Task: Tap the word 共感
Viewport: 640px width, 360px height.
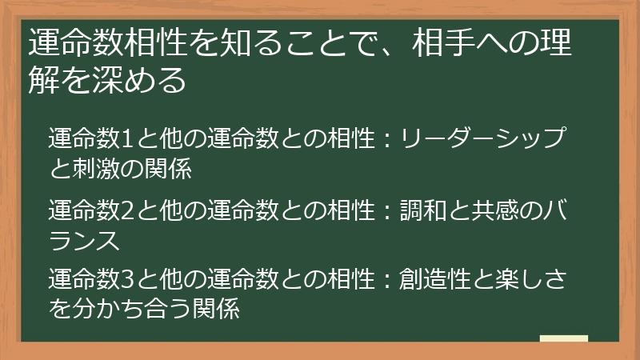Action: pyautogui.click(x=494, y=211)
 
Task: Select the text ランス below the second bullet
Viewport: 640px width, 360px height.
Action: pyautogui.click(x=83, y=240)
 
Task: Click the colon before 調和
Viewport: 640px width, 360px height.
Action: pyautogui.click(x=386, y=212)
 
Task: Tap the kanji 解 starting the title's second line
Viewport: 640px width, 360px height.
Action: pyautogui.click(x=41, y=80)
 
